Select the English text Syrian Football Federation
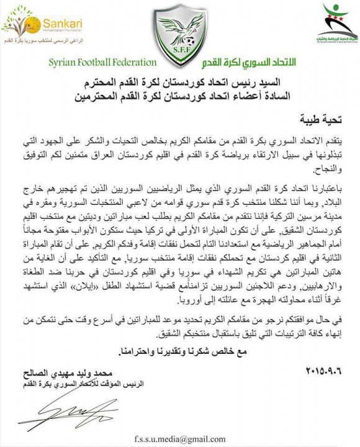pyautogui.click(x=102, y=63)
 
